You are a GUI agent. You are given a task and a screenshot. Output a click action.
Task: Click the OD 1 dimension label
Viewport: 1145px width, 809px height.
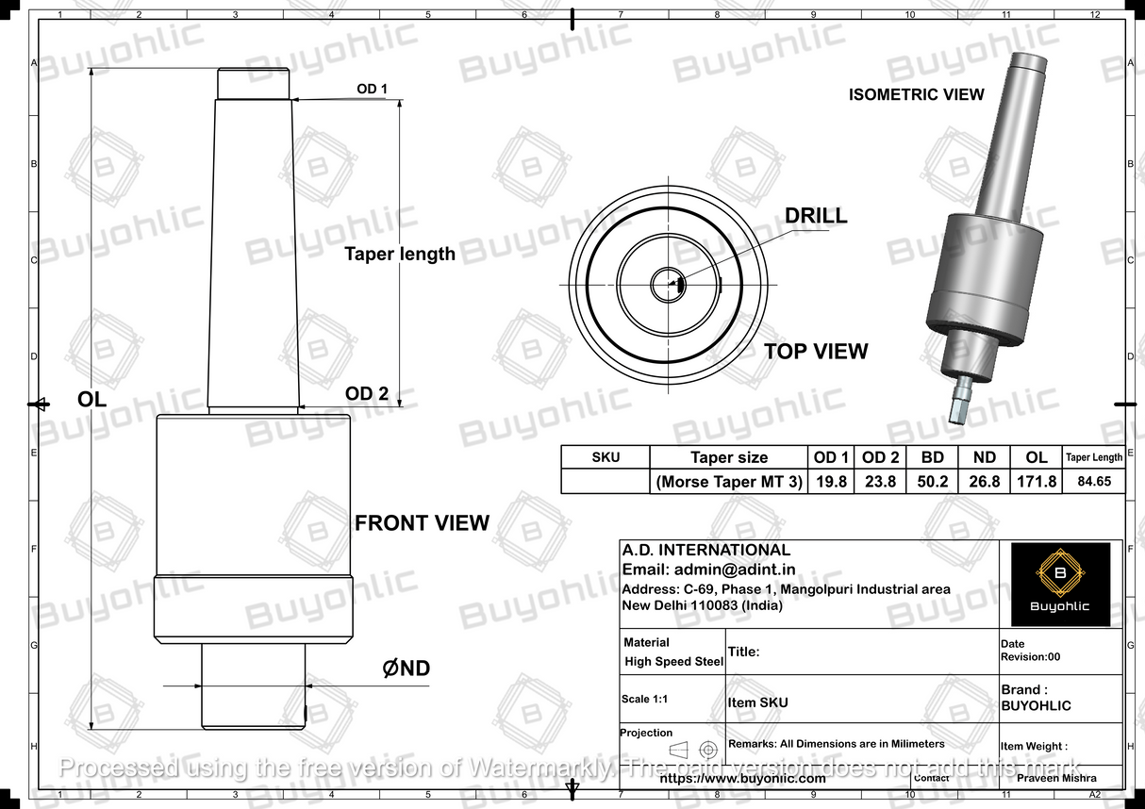coord(372,90)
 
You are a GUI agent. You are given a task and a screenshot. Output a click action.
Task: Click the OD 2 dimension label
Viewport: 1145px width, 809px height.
coord(366,393)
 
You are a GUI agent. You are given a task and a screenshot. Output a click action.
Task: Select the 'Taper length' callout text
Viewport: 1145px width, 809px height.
coord(399,254)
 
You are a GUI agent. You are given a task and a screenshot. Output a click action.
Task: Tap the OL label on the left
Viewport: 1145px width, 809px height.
coord(91,400)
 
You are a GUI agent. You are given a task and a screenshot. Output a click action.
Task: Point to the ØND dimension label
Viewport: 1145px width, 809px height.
coord(406,669)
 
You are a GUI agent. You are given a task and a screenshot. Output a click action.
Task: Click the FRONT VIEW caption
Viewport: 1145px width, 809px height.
coord(422,523)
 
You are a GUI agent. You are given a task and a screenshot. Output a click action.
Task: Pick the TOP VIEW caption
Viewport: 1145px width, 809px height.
coord(815,352)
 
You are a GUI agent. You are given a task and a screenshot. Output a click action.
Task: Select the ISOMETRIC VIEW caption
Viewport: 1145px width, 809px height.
coord(916,94)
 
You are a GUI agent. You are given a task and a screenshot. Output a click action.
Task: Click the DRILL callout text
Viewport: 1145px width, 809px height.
coord(816,216)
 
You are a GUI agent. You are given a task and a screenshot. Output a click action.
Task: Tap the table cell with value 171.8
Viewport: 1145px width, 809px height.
coord(1036,482)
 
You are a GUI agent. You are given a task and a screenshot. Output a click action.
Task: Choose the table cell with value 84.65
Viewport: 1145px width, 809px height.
coord(1093,482)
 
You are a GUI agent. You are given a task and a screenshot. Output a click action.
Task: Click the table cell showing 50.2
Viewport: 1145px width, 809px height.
coord(932,482)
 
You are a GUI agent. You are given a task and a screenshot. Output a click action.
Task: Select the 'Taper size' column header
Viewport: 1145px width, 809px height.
coord(729,457)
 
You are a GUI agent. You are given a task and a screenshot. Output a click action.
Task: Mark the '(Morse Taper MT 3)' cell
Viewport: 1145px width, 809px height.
coord(729,482)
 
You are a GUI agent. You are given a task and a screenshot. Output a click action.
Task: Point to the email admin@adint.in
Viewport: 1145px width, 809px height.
coord(708,570)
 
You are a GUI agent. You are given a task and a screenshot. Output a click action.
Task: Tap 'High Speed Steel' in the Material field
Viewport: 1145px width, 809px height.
coord(673,662)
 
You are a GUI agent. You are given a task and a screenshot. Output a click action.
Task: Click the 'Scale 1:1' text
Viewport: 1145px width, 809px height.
coord(649,700)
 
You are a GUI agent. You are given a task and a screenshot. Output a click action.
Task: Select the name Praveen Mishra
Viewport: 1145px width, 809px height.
coord(1057,778)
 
